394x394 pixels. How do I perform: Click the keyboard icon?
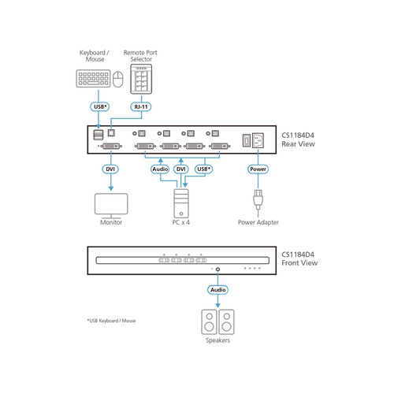(x=93, y=80)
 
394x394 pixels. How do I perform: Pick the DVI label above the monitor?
(x=110, y=169)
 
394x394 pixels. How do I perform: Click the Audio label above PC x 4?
(x=160, y=169)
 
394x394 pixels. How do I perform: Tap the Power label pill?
(x=258, y=169)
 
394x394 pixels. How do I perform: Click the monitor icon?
(x=110, y=203)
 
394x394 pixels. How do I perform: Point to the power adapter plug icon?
(x=258, y=201)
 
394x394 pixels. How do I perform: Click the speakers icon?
(x=217, y=322)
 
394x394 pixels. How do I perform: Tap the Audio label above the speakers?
(x=217, y=289)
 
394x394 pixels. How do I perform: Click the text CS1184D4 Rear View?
(x=300, y=138)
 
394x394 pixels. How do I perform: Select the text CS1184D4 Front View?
(x=300, y=259)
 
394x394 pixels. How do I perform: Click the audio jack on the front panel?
(x=217, y=269)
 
